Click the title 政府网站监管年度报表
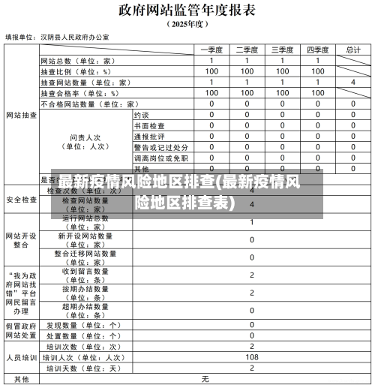tap(186, 10)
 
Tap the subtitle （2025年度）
tap(186, 24)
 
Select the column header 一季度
tap(212, 50)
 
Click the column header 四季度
tap(318, 50)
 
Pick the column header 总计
tap(352, 50)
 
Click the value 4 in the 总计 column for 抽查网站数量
tap(352, 82)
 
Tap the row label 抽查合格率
tap(79, 93)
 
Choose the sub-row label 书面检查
tap(149, 126)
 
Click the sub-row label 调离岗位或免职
tap(160, 158)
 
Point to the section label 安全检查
tap(21, 200)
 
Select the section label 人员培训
tap(21, 358)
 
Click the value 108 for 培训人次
tap(252, 358)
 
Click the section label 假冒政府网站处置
tap(21, 331)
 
